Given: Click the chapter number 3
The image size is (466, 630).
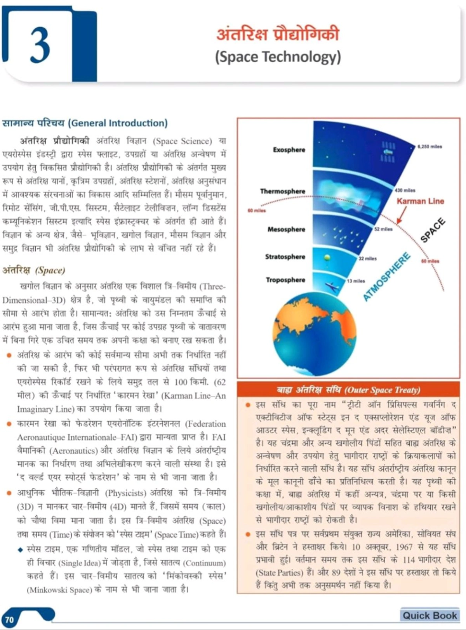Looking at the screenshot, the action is pyautogui.click(x=40, y=45).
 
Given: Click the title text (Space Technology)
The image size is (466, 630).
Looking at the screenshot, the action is pyautogui.click(x=278, y=57).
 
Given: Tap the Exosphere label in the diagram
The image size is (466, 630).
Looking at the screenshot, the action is pyautogui.click(x=289, y=150).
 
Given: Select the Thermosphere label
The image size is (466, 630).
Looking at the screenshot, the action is pyautogui.click(x=283, y=191).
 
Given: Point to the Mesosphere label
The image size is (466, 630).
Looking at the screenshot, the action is pyautogui.click(x=286, y=229).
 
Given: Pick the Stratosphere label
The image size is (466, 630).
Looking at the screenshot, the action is pyautogui.click(x=285, y=257).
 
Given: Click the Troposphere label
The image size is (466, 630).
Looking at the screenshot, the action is pyautogui.click(x=285, y=280).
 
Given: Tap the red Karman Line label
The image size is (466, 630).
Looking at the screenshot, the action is pyautogui.click(x=420, y=201).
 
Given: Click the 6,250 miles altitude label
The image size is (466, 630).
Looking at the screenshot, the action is pyautogui.click(x=430, y=147).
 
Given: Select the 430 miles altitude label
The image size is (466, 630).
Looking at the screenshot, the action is pyautogui.click(x=405, y=190).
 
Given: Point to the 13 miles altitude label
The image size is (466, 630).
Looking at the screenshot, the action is pyautogui.click(x=356, y=281).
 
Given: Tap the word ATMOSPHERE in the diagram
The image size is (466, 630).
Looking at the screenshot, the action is pyautogui.click(x=387, y=276).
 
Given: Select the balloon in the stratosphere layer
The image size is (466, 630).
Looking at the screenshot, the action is pyautogui.click(x=327, y=257).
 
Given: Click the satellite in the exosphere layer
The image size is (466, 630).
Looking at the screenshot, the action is pyautogui.click(x=388, y=152).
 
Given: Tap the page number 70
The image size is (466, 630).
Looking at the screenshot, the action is pyautogui.click(x=9, y=620).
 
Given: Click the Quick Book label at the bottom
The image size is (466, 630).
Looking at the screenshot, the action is pyautogui.click(x=429, y=615).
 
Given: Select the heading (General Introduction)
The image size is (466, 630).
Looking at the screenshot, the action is pyautogui.click(x=118, y=123).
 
